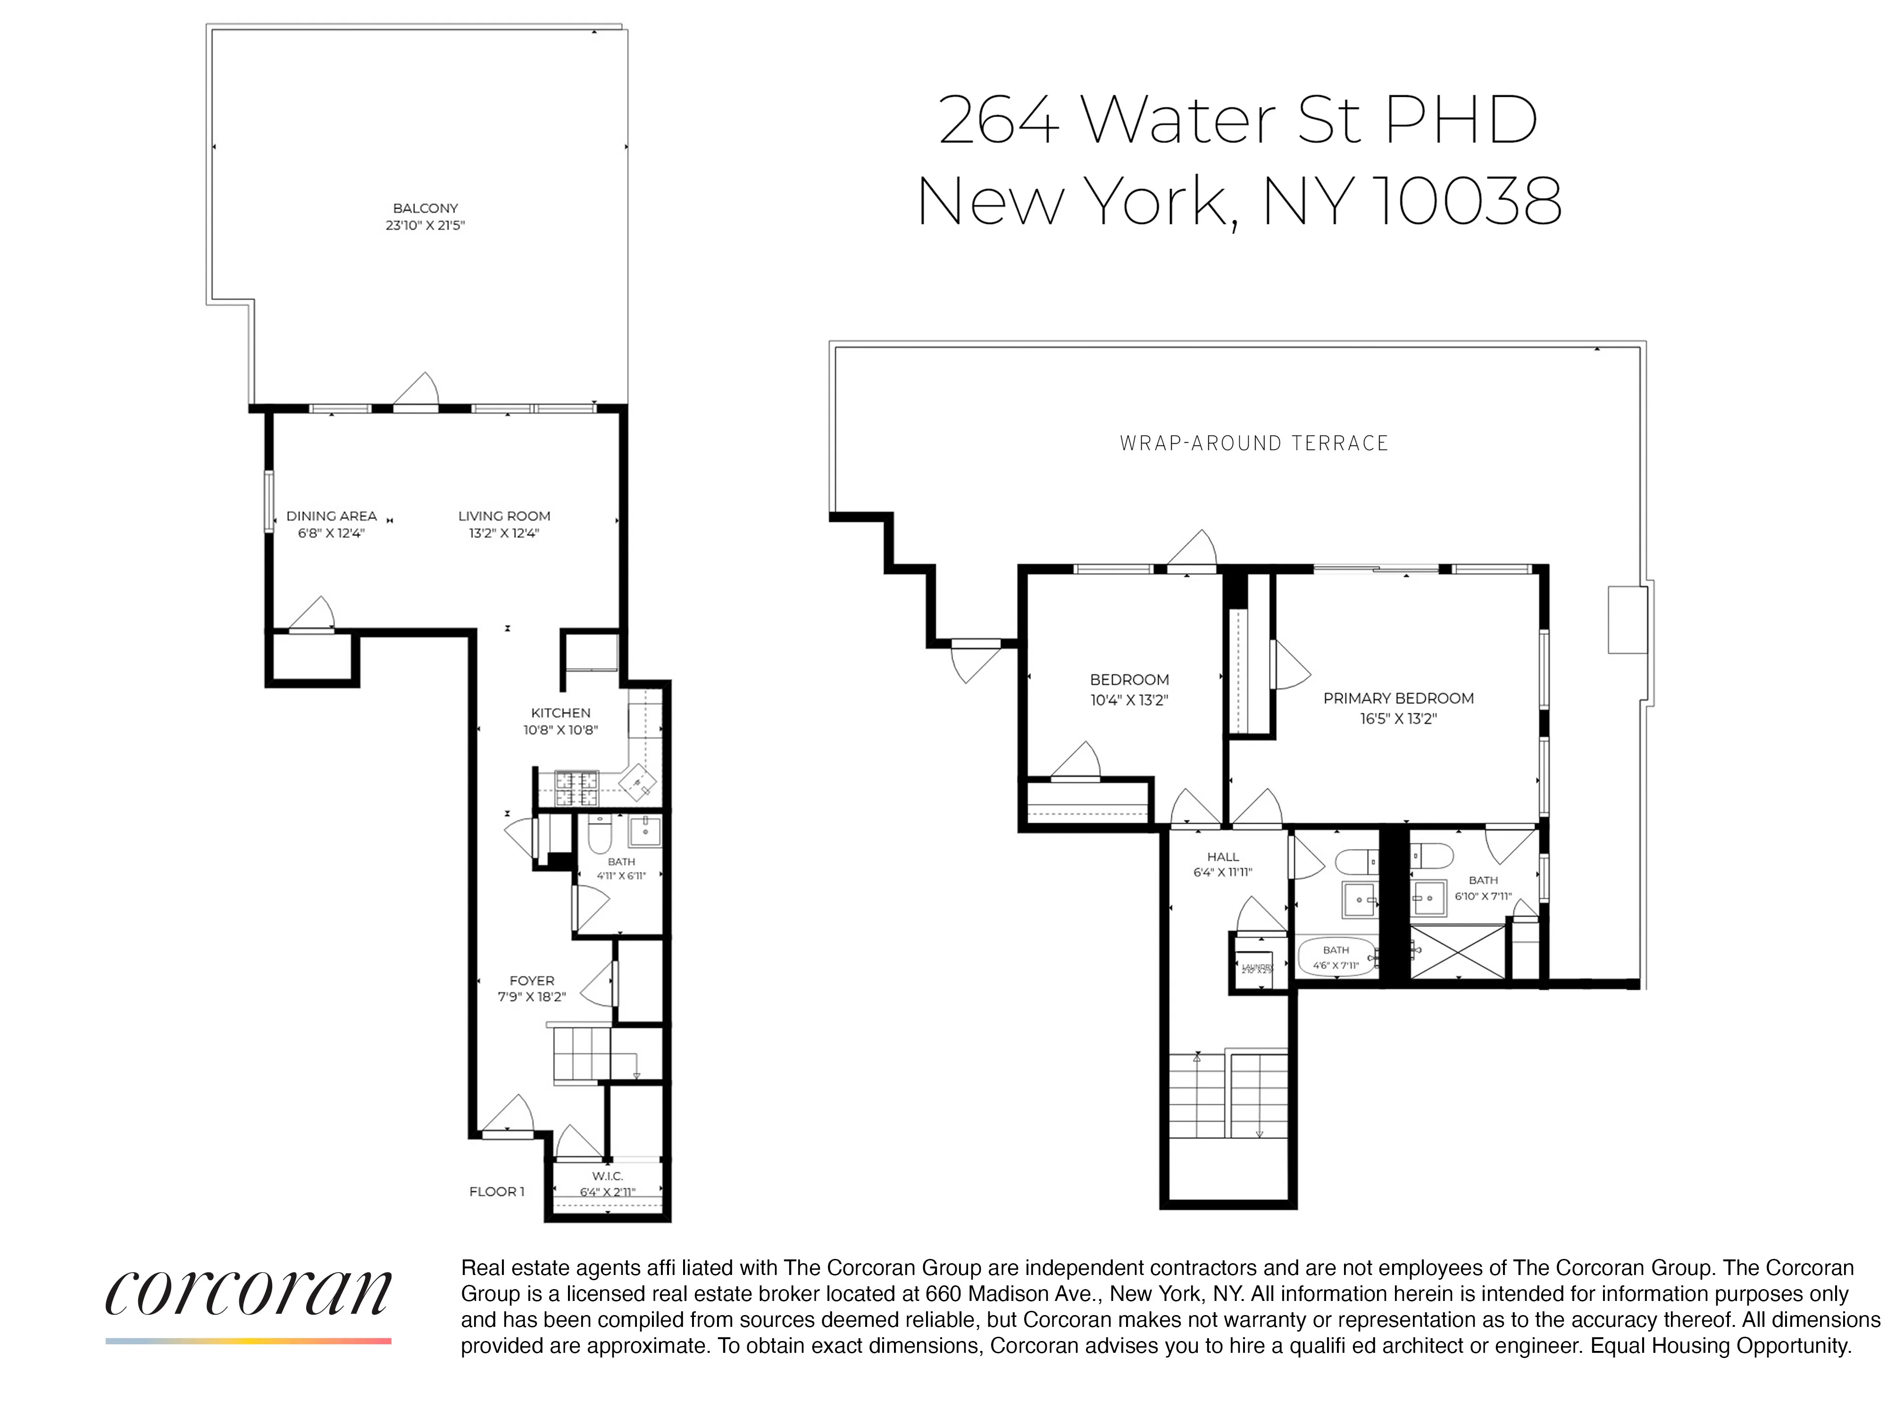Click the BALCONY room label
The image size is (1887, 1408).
click(x=426, y=208)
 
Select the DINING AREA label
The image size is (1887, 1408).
click(x=332, y=516)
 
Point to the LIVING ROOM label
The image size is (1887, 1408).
click(x=504, y=516)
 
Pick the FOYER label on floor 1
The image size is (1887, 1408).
click(x=532, y=980)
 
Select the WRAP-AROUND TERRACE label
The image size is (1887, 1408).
click(x=1254, y=443)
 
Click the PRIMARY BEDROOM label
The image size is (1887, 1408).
click(x=1398, y=698)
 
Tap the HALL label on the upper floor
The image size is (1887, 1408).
click(x=1222, y=857)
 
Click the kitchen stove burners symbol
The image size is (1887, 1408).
click(x=577, y=788)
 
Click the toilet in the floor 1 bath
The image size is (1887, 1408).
click(x=600, y=834)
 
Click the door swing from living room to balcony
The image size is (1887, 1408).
click(x=417, y=391)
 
